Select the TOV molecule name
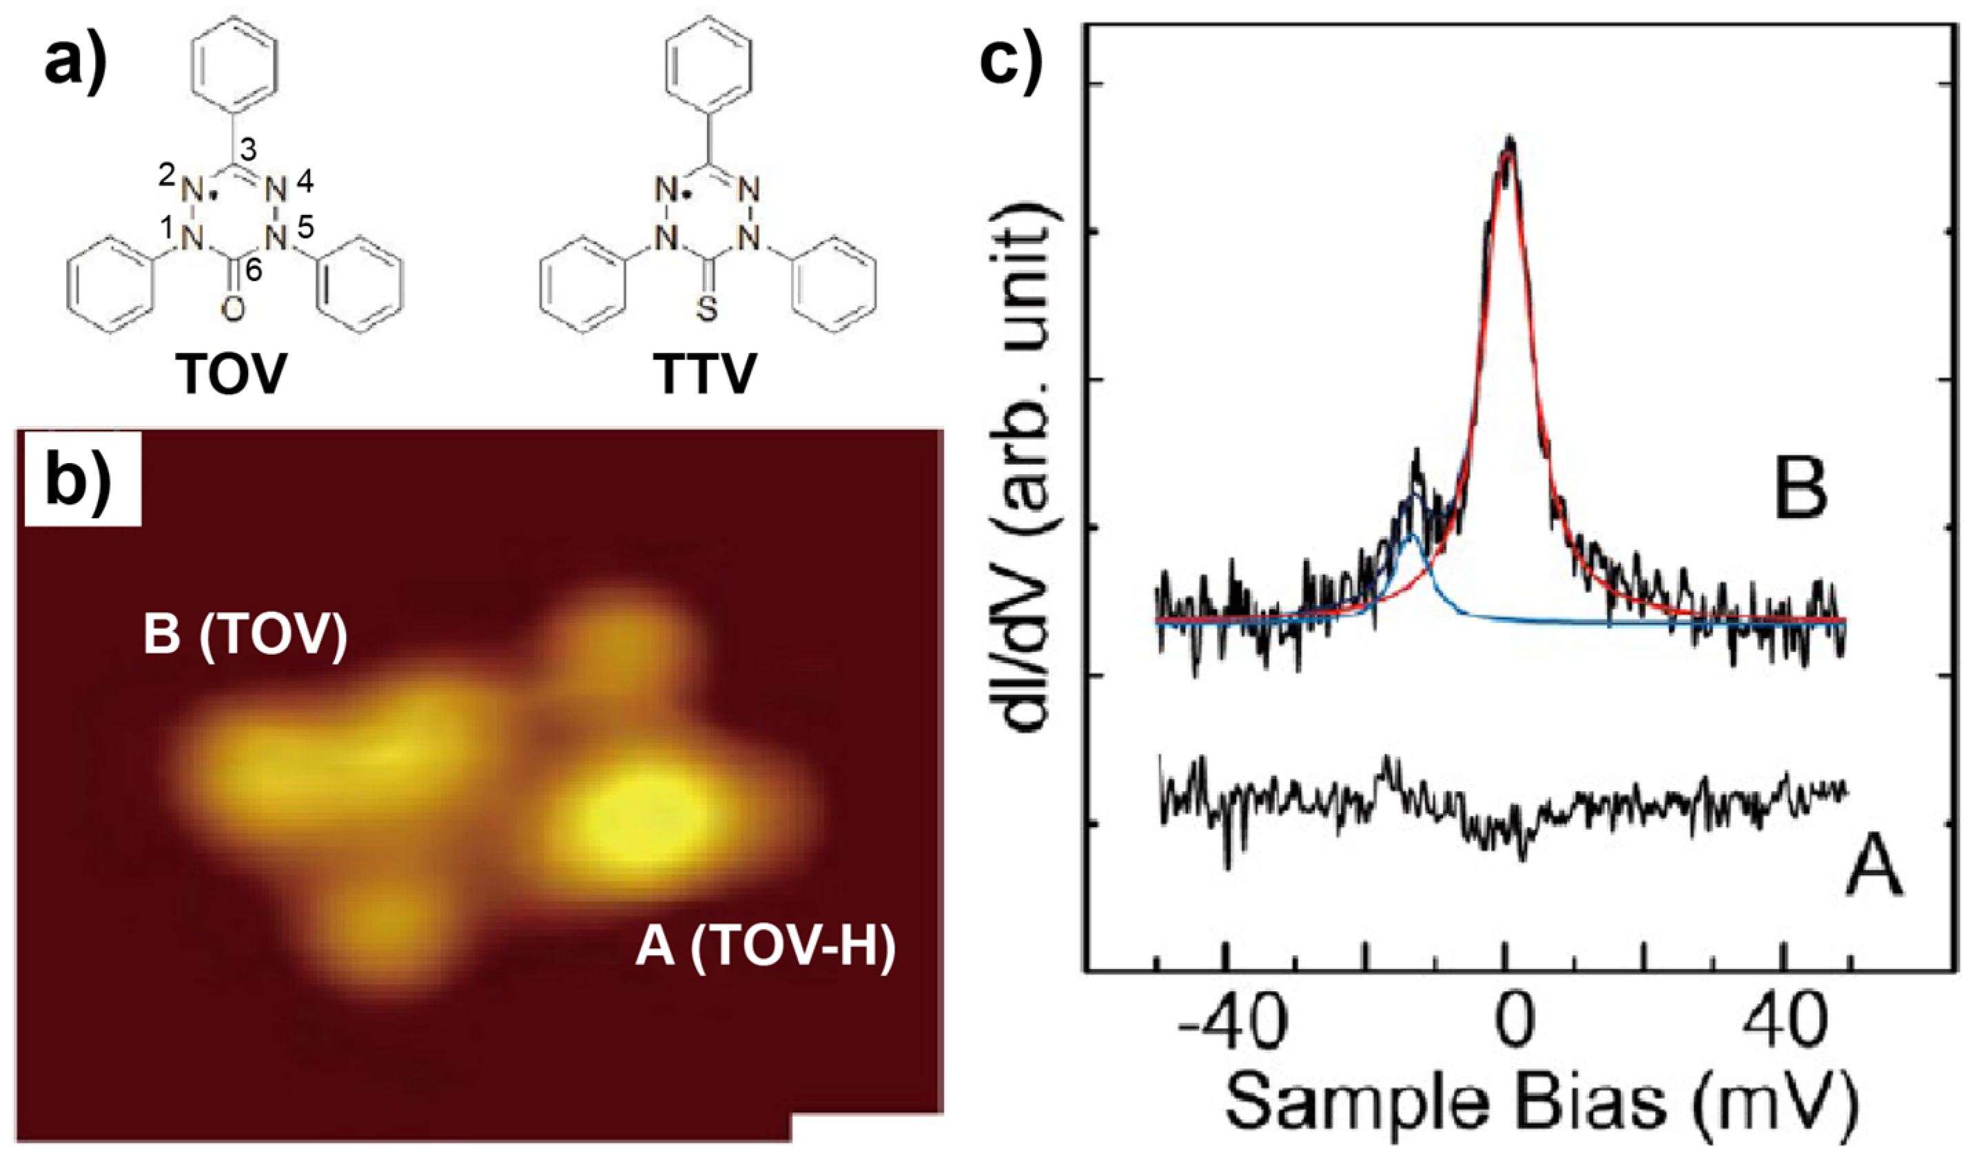point(230,375)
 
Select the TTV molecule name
point(706,375)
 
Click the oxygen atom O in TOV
point(232,311)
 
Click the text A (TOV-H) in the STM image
point(765,947)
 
